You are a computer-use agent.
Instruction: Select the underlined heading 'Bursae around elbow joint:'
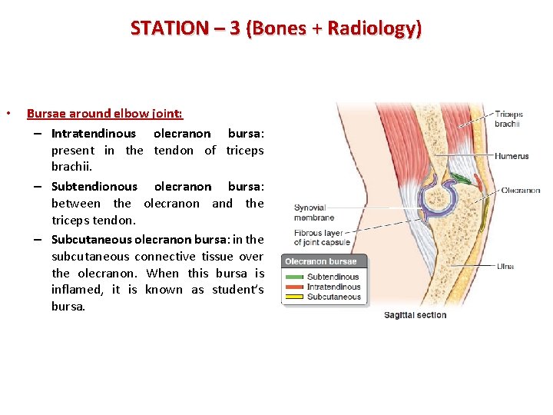click(104, 113)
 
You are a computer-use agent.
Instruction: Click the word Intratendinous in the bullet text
click(93, 133)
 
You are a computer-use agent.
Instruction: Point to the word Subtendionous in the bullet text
click(94, 186)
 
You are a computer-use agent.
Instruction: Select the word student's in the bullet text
click(238, 290)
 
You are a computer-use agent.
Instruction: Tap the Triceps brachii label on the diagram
click(508, 119)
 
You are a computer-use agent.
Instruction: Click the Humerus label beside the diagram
click(512, 156)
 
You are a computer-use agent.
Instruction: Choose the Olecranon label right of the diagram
click(520, 191)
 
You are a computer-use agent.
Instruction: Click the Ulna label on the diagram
click(505, 267)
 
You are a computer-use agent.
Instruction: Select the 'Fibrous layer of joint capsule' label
click(322, 237)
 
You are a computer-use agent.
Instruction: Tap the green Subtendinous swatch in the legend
click(295, 277)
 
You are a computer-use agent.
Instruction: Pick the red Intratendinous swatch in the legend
click(295, 287)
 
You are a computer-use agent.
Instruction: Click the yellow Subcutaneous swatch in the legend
click(295, 297)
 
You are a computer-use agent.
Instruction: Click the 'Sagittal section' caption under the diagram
click(415, 315)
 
